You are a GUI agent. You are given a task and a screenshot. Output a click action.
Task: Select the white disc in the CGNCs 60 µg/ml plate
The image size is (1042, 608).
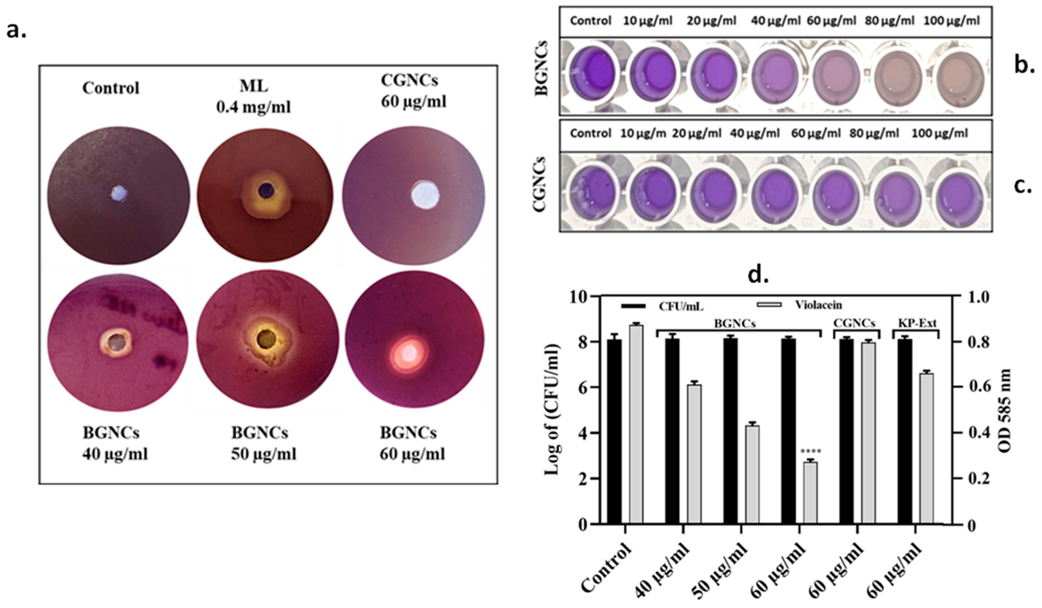(x=425, y=194)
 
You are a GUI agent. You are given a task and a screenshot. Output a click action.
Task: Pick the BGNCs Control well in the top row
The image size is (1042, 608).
(x=591, y=72)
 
